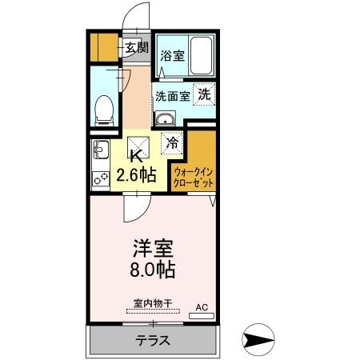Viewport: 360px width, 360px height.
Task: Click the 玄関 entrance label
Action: pyautogui.click(x=135, y=48)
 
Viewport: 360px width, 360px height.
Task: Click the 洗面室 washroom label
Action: pyautogui.click(x=172, y=96)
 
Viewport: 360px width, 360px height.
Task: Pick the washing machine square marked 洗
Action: pyautogui.click(x=205, y=94)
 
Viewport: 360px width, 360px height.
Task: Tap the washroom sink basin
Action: pyautogui.click(x=164, y=121)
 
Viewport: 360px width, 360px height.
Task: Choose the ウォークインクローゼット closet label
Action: pyautogui.click(x=193, y=175)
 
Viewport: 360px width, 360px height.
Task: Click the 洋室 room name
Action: pyautogui.click(x=148, y=247)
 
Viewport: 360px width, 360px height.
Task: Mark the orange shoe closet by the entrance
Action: pyautogui.click(x=103, y=47)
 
